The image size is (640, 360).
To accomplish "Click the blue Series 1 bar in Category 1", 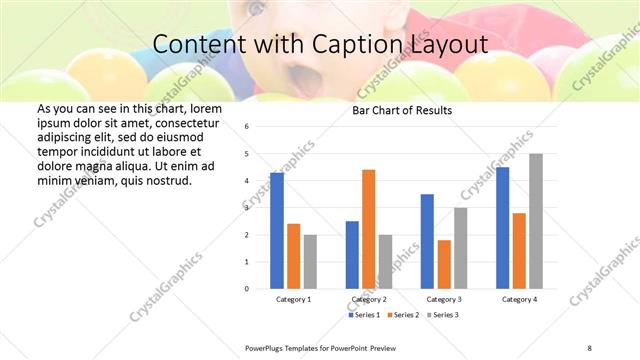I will pyautogui.click(x=277, y=231).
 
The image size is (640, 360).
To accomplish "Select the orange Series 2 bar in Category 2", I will pyautogui.click(x=368, y=229).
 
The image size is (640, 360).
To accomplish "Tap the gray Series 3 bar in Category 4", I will pyautogui.click(x=536, y=221).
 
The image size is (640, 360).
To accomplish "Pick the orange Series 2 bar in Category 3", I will pyautogui.click(x=444, y=264).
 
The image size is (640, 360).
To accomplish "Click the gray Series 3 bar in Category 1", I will pyautogui.click(x=310, y=261).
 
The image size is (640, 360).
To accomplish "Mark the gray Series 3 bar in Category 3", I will pyautogui.click(x=460, y=248).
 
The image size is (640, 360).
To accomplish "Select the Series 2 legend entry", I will pyautogui.click(x=405, y=314).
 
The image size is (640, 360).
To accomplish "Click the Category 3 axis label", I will pyautogui.click(x=444, y=299).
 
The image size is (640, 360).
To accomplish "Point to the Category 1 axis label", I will pyautogui.click(x=293, y=299).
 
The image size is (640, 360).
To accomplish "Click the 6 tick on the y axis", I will pyautogui.click(x=247, y=127).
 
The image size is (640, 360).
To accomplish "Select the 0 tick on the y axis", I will pyautogui.click(x=247, y=289).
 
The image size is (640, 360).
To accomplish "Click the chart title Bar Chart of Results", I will pyautogui.click(x=402, y=110).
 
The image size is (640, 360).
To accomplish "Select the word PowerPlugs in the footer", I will pyautogui.click(x=267, y=345).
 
